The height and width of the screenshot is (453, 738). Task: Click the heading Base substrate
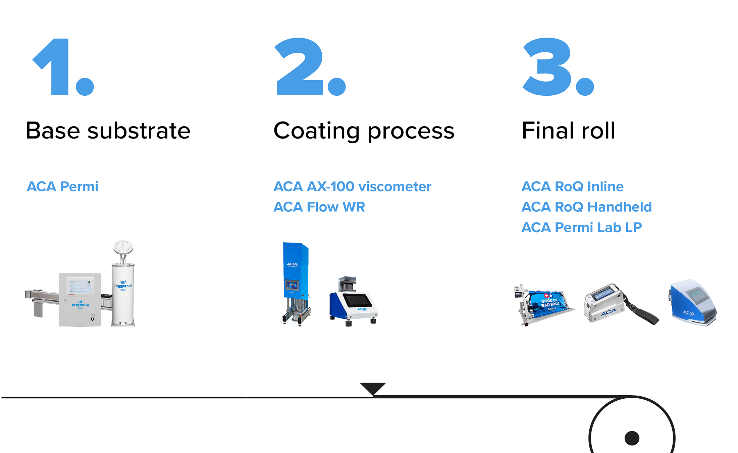pos(108,131)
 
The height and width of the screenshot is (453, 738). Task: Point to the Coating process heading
pos(364,131)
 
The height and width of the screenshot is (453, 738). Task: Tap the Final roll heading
pos(569,131)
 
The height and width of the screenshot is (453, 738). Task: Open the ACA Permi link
pos(62,187)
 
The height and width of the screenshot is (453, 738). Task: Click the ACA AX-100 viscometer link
pos(352,187)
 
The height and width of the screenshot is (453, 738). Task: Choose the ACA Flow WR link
pos(319,207)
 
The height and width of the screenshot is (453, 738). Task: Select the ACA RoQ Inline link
pos(572,187)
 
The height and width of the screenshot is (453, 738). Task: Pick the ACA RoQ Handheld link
pos(586,207)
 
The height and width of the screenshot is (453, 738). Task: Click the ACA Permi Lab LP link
pos(581,228)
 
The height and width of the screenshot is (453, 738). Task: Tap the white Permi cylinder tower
pos(123,292)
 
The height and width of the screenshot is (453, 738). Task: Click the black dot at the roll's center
pos(632,438)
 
